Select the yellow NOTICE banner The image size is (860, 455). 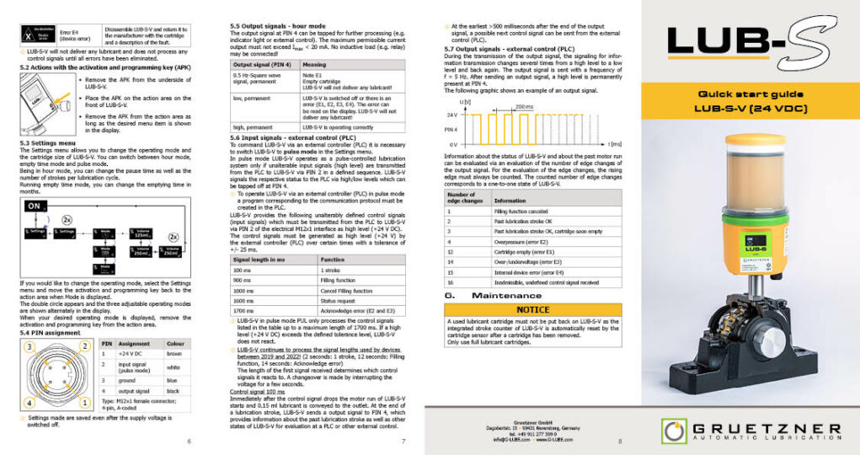[533, 310]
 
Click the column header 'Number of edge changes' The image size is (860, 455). [465, 197]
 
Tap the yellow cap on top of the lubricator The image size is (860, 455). [755, 139]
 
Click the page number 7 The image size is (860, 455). [403, 441]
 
